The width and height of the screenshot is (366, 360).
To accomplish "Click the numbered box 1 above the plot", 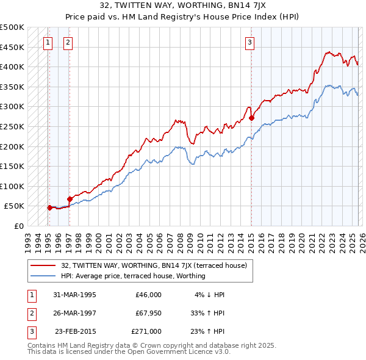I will tap(48, 42).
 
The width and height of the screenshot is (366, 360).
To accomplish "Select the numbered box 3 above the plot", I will tap(250, 42).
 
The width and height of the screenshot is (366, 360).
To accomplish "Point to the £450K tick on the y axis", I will tap(12, 47).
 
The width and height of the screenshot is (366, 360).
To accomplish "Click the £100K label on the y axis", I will tap(12, 186).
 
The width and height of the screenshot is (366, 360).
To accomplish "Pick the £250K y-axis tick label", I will tap(12, 126).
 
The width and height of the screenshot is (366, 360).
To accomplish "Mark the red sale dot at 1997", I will tap(70, 199).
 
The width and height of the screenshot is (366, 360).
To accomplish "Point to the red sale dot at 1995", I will tap(49, 207).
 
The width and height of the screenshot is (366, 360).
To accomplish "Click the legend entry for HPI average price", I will tap(133, 276).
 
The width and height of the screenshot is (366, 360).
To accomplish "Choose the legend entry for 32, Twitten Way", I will tap(154, 265).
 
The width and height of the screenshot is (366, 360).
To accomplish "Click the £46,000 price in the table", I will tap(148, 294).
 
